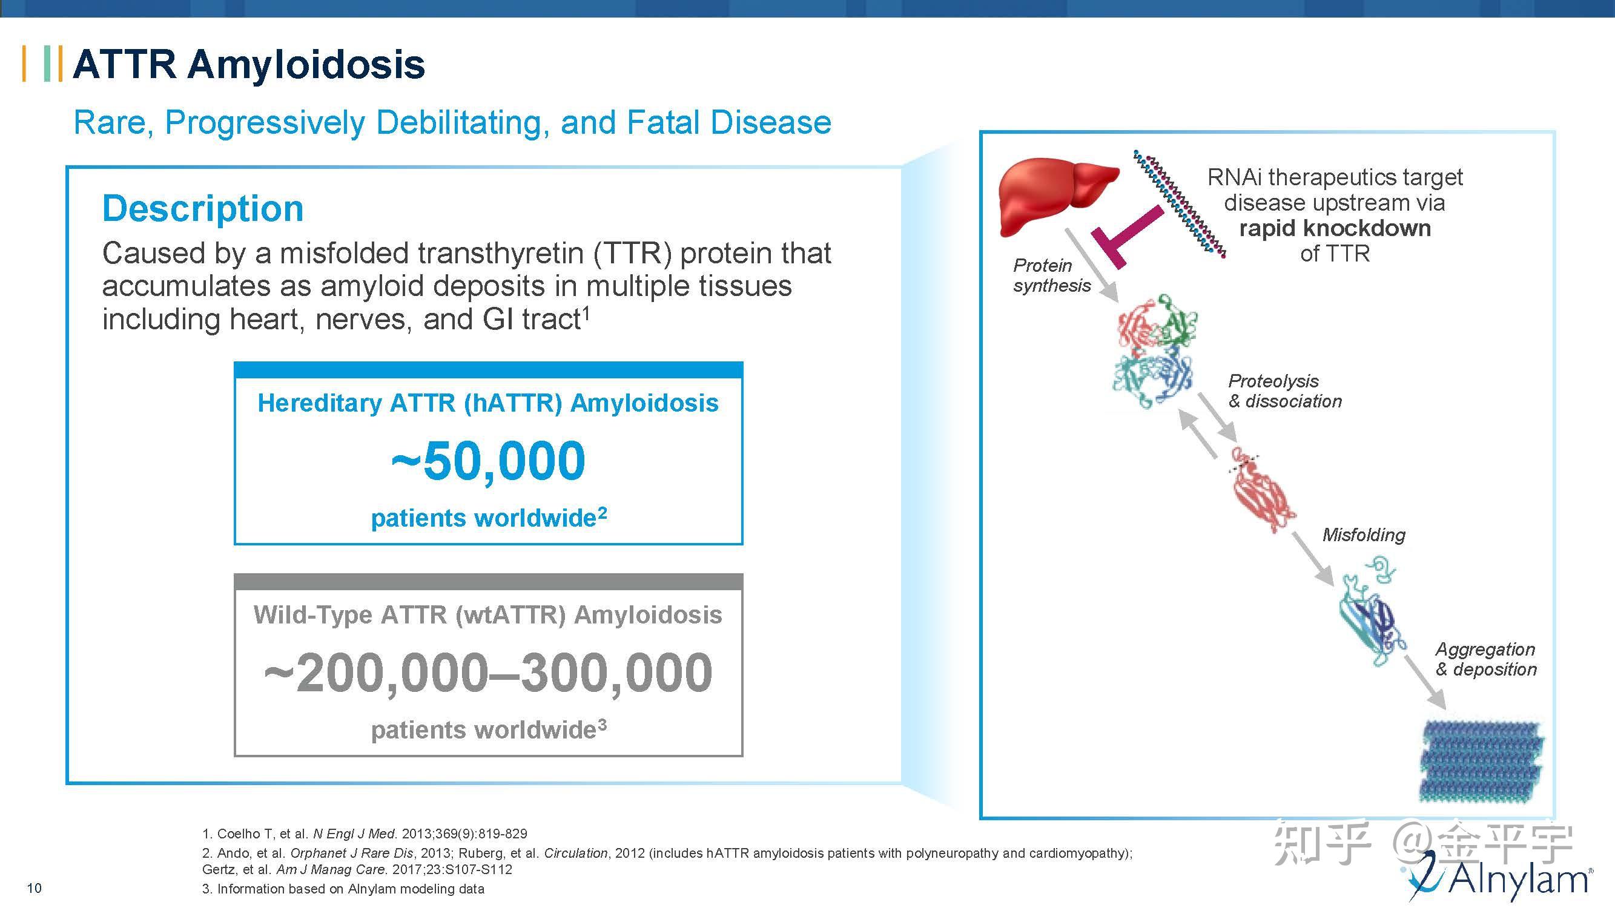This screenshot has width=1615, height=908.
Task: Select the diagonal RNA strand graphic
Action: pyautogui.click(x=1179, y=203)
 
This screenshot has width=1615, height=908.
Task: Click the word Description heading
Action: pyautogui.click(x=202, y=208)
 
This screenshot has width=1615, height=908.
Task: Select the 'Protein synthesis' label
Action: pyautogui.click(x=1051, y=275)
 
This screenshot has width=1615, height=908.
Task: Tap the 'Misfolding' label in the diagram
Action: pyautogui.click(x=1364, y=535)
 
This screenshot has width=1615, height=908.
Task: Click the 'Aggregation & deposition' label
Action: pyautogui.click(x=1485, y=659)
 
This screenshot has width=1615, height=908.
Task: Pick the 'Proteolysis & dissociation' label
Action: pyautogui.click(x=1284, y=391)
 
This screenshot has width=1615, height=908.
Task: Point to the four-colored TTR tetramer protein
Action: pyautogui.click(x=1154, y=351)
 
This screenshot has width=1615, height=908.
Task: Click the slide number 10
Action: pyautogui.click(x=35, y=888)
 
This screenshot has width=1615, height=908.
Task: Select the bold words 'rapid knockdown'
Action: pyautogui.click(x=1335, y=228)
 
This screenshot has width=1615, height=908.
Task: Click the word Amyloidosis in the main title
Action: pyautogui.click(x=306, y=64)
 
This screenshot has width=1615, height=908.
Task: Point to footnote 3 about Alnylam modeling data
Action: pyautogui.click(x=343, y=889)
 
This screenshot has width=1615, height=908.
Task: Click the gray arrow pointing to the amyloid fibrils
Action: pyautogui.click(x=1424, y=682)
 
